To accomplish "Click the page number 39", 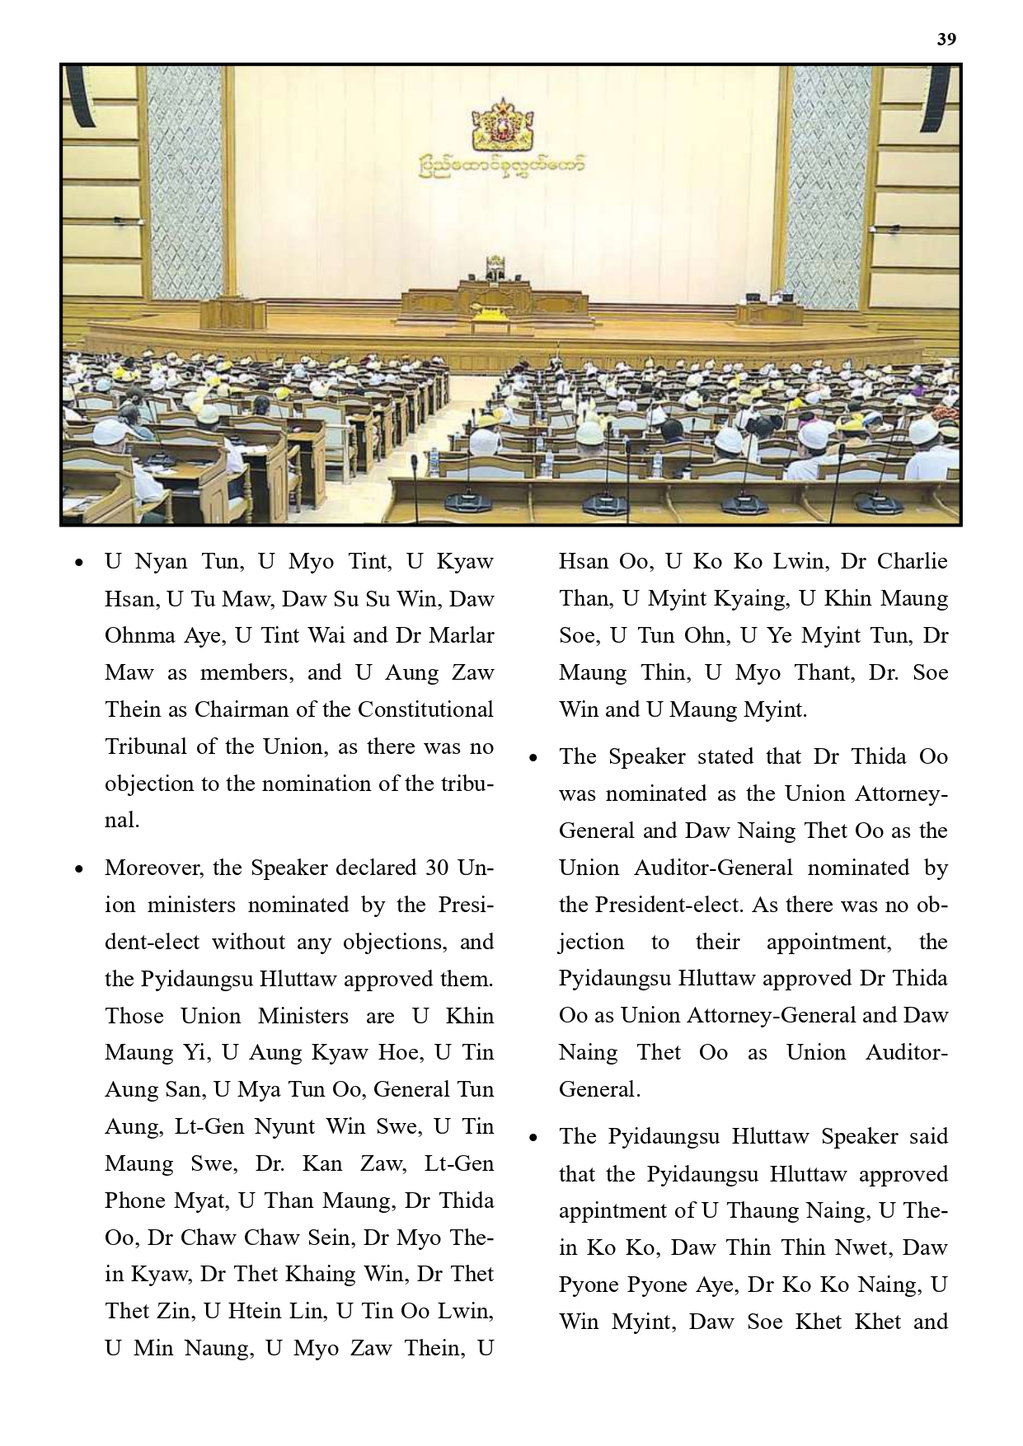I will [x=946, y=40].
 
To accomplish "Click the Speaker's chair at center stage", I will [x=495, y=269].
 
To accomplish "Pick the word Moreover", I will [x=155, y=868].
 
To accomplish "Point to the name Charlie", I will [x=912, y=561].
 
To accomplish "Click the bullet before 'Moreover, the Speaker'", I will [x=79, y=869].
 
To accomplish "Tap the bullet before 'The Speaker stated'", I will [x=533, y=758].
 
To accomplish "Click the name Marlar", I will [x=464, y=635].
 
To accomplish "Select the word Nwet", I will [x=862, y=1247].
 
